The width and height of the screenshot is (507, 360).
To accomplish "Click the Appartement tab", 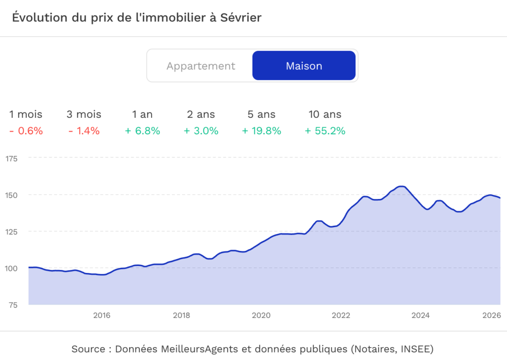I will click(x=201, y=66).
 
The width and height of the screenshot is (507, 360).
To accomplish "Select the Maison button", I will click(x=304, y=66).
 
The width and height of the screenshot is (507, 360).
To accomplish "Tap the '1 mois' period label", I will click(x=26, y=114).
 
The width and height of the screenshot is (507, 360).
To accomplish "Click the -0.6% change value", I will click(x=26, y=131).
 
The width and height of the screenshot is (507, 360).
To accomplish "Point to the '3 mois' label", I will click(x=84, y=114).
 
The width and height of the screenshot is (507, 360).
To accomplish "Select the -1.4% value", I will click(x=84, y=131).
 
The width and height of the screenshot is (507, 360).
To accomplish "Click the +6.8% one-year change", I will click(x=143, y=131).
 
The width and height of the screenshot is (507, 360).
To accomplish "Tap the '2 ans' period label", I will click(x=201, y=114).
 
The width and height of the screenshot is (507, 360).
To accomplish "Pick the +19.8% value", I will click(x=261, y=131).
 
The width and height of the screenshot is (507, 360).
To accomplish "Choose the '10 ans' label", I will click(x=325, y=114).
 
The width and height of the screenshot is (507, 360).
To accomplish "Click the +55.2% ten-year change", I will click(x=325, y=131).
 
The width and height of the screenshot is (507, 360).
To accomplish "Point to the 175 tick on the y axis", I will click(x=11, y=158).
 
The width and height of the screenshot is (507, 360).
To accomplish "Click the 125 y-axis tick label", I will click(x=11, y=231).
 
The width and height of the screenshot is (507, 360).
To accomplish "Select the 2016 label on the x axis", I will click(x=101, y=315).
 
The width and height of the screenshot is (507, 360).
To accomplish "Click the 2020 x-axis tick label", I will click(x=261, y=315).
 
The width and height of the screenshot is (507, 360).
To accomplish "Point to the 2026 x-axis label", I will click(x=492, y=315).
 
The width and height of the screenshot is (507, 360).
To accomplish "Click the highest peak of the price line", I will click(x=402, y=186).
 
